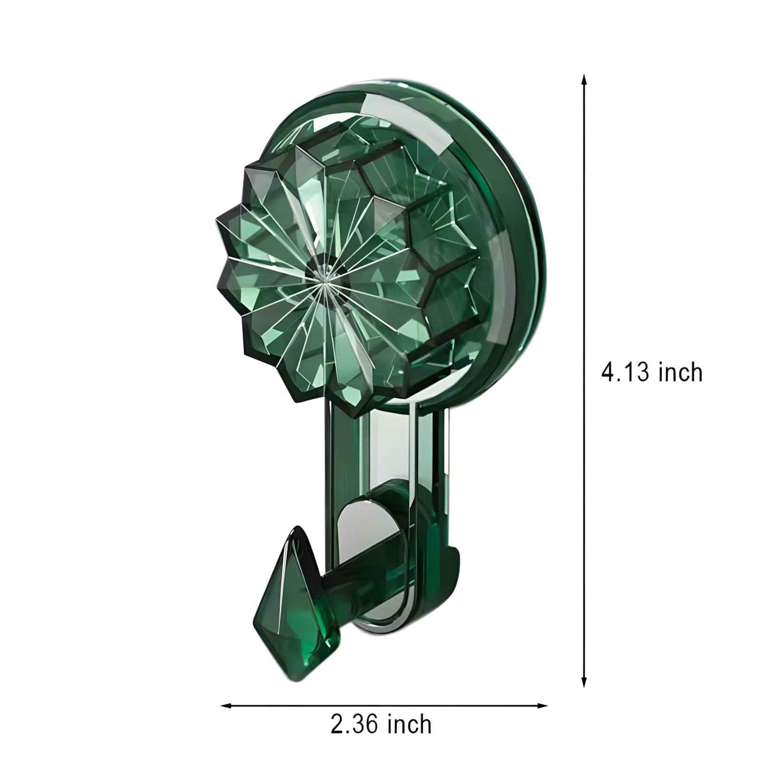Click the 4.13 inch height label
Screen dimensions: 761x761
point(652,372)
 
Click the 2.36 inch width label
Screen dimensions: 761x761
point(381,724)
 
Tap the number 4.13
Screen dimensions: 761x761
point(624,372)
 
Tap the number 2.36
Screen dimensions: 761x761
point(354,724)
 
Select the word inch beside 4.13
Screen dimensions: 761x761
point(681,372)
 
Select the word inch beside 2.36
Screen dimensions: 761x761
point(410,724)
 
